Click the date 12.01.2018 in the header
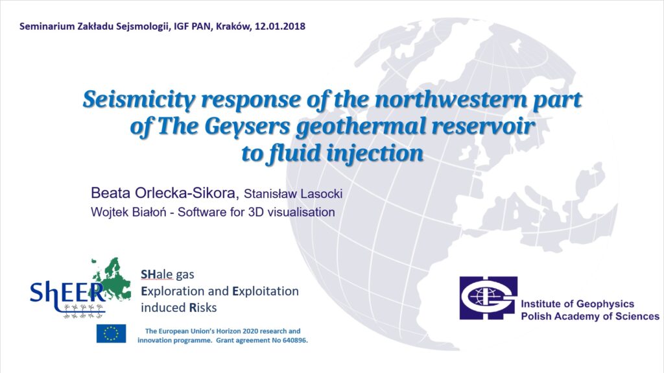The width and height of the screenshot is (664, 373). [280, 27]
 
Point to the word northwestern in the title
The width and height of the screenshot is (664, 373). [451, 99]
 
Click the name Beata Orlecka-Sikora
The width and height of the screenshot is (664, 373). [165, 193]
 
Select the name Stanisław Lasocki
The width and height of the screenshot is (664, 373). [293, 194]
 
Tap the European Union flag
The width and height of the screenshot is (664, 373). [111, 333]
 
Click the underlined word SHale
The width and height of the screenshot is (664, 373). [157, 274]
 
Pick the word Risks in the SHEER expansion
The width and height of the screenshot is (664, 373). [203, 307]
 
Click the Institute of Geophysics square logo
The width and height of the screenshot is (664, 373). [489, 298]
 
